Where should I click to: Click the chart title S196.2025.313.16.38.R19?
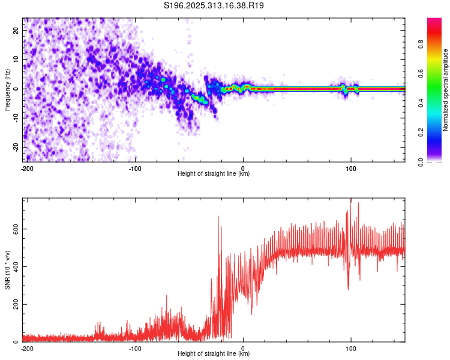point(214,5)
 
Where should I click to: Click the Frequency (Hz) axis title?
point(7,89)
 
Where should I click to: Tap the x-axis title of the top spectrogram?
point(214,174)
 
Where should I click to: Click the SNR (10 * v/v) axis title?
point(7,270)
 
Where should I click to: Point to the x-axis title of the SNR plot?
point(214,354)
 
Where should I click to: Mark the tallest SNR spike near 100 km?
point(350,200)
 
